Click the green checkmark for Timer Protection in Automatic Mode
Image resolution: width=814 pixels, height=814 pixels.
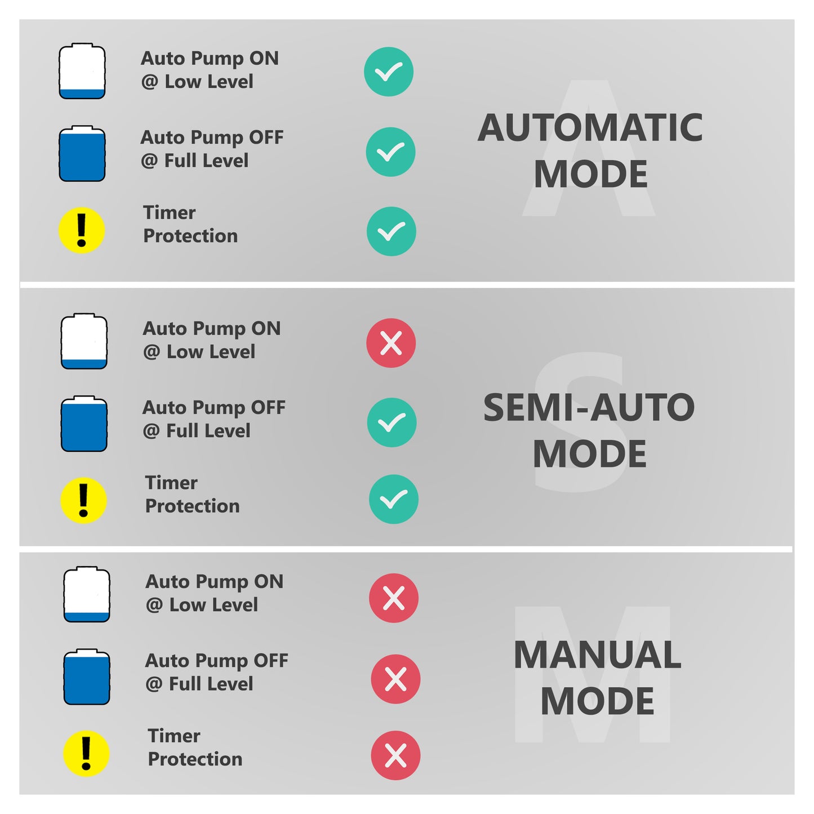(x=391, y=232)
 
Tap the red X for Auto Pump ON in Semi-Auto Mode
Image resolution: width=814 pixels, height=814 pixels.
(x=391, y=343)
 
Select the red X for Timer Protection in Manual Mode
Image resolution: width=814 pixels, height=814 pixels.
(x=395, y=755)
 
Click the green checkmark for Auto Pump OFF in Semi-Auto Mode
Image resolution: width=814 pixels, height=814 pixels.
(x=392, y=422)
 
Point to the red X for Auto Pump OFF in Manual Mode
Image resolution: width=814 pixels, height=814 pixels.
(x=395, y=679)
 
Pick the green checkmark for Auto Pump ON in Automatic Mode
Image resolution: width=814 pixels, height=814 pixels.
(x=389, y=72)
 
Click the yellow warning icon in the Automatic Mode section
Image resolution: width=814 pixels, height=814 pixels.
(x=82, y=230)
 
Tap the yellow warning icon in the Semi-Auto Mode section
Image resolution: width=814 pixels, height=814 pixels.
(x=83, y=501)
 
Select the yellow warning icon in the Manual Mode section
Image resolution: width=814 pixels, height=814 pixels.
(x=86, y=754)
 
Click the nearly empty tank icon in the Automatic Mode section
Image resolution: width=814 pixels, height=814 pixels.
(x=82, y=72)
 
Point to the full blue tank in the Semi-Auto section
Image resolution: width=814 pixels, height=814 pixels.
(x=84, y=424)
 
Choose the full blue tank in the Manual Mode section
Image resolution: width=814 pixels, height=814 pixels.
(x=87, y=677)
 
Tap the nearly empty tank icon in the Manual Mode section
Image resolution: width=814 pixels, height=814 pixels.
(x=87, y=594)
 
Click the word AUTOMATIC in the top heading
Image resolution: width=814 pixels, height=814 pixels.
(x=590, y=128)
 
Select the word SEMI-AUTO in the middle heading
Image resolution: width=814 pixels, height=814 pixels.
(x=589, y=408)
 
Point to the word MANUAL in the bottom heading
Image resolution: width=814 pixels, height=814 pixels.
(x=597, y=655)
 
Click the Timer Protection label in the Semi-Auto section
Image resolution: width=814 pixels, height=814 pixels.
(x=192, y=495)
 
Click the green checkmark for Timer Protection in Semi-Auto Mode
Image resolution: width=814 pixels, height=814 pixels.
(x=393, y=499)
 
